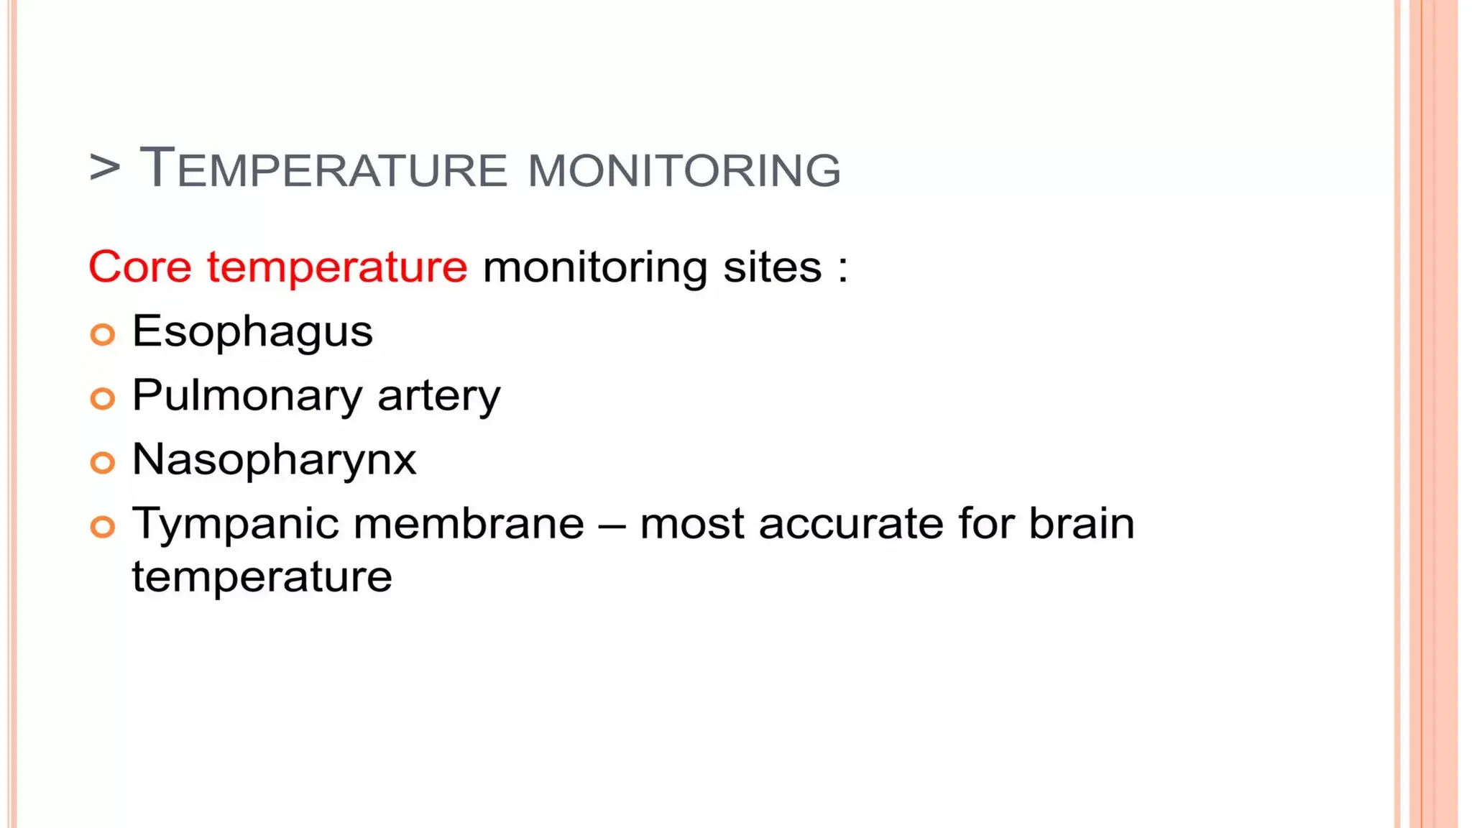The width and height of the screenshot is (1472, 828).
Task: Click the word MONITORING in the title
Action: pyautogui.click(x=684, y=171)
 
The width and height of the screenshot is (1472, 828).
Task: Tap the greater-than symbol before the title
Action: pyautogui.click(x=105, y=168)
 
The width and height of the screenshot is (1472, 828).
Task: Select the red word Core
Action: pyautogui.click(x=140, y=267)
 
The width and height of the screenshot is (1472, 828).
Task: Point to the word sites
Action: pyautogui.click(x=772, y=267)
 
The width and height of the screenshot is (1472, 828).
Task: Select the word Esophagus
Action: pyautogui.click(x=252, y=333)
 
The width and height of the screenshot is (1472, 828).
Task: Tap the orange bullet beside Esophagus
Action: pyautogui.click(x=103, y=334)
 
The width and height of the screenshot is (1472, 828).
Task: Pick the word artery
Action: pyautogui.click(x=438, y=397)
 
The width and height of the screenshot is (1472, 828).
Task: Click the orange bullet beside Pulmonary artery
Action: pyautogui.click(x=103, y=398)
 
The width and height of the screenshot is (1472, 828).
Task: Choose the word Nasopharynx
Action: pyautogui.click(x=274, y=460)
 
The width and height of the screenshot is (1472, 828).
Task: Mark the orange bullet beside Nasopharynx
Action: pyautogui.click(x=103, y=462)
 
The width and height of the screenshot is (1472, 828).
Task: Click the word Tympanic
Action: pyautogui.click(x=235, y=525)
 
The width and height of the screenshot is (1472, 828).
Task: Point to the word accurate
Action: pyautogui.click(x=850, y=523)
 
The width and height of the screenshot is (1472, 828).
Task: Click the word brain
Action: pyautogui.click(x=1082, y=523)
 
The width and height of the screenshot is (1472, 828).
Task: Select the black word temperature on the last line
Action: pyautogui.click(x=262, y=577)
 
